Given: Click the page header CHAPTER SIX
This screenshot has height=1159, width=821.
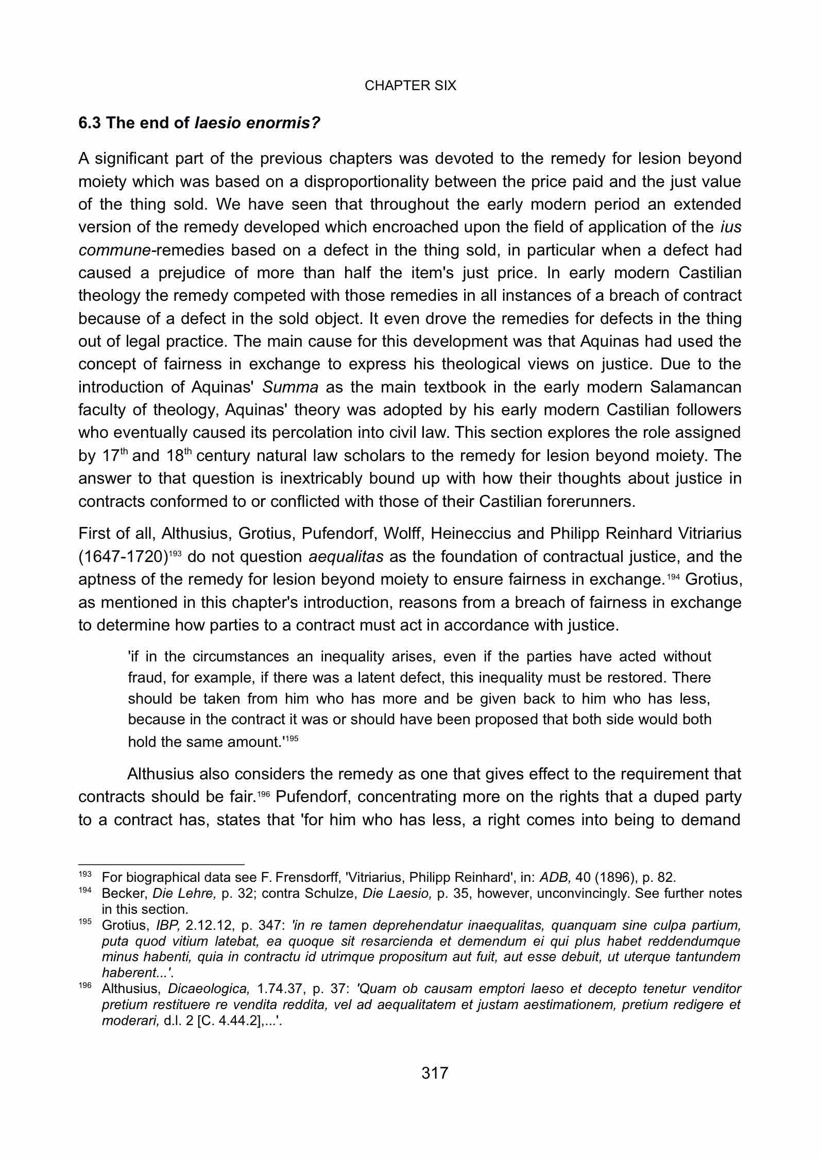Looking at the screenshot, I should pos(410,86).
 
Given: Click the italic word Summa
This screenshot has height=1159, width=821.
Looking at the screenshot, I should pos(290,387).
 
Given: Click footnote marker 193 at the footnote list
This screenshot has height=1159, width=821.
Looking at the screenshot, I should pos(84,875).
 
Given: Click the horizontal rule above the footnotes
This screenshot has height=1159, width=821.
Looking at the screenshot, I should pos(161,865).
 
